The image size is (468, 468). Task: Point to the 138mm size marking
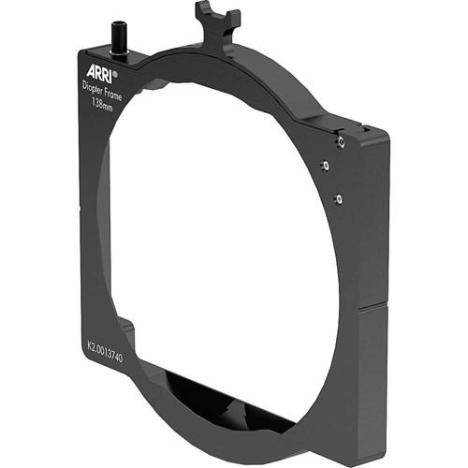[x=105, y=105]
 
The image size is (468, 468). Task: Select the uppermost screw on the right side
[x=342, y=141]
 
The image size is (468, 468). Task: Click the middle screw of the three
[x=325, y=166]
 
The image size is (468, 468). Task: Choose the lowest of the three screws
[x=339, y=198]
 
